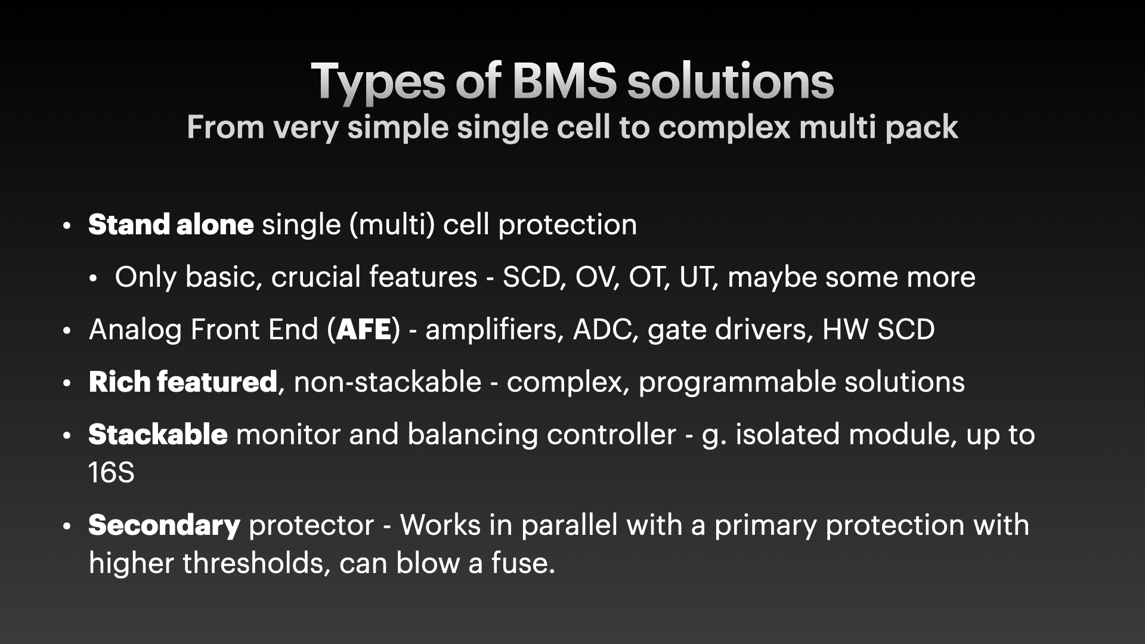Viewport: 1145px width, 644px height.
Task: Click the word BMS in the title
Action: click(564, 81)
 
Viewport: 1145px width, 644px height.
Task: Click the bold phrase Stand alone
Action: click(171, 225)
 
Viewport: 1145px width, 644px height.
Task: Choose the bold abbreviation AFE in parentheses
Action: click(364, 330)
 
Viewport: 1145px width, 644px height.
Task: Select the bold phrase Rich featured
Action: click(183, 382)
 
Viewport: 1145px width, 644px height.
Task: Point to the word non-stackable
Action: click(388, 382)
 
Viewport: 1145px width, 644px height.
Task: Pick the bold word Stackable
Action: click(158, 435)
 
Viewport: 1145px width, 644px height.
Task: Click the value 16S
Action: click(112, 473)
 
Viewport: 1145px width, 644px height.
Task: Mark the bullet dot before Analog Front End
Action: click(67, 331)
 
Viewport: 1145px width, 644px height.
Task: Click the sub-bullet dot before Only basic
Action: click(94, 278)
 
